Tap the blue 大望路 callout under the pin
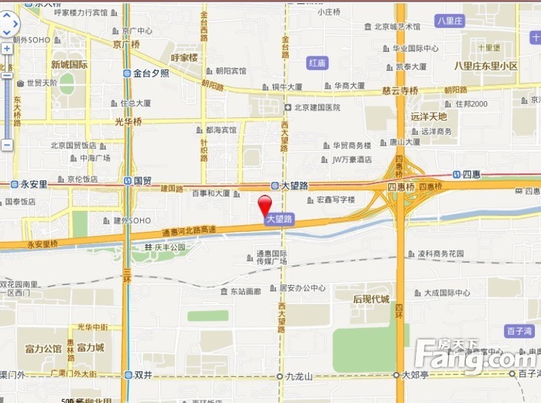click(279, 219)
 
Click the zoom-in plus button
click(7, 49)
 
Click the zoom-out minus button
click(7, 144)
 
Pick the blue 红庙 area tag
click(317, 63)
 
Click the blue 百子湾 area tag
click(519, 331)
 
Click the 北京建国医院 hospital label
click(312, 107)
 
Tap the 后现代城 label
click(371, 299)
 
